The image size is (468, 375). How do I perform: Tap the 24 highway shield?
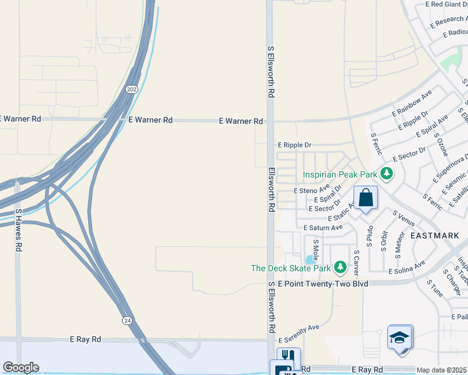coord(127,319)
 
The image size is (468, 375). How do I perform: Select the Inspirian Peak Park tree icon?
coord(387,174)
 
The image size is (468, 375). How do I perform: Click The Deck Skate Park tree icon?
coord(340,268)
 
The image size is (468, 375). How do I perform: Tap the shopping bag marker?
coord(366,199)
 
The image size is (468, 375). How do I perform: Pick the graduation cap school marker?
coord(399,337)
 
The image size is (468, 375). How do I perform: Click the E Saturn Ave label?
coord(323,228)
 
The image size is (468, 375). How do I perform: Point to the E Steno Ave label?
coord(311,189)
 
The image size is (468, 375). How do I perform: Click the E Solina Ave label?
coord(407,271)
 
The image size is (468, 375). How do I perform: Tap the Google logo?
coord(21,367)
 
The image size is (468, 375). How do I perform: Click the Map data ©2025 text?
coord(442,370)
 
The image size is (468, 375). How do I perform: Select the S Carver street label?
coord(356,262)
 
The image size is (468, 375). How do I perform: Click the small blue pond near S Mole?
coord(309,259)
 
